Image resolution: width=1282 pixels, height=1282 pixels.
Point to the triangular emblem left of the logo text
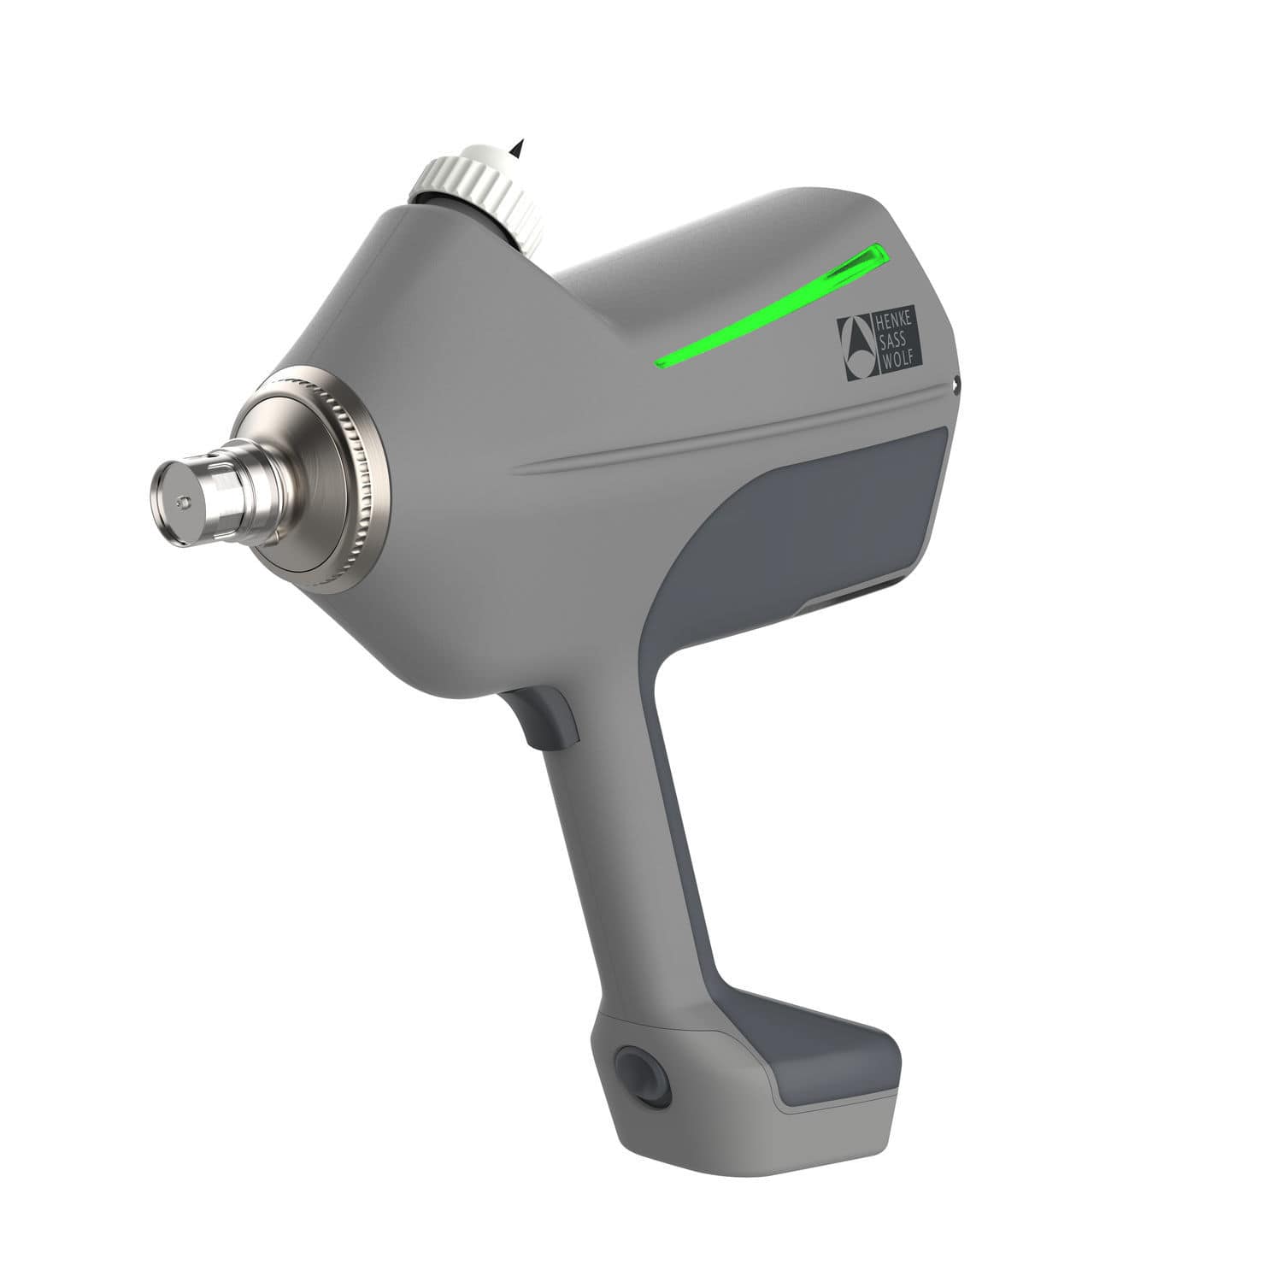pos(855,348)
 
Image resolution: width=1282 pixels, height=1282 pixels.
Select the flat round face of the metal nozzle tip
pos(175,504)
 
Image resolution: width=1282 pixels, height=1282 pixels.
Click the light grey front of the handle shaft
pos(615,855)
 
